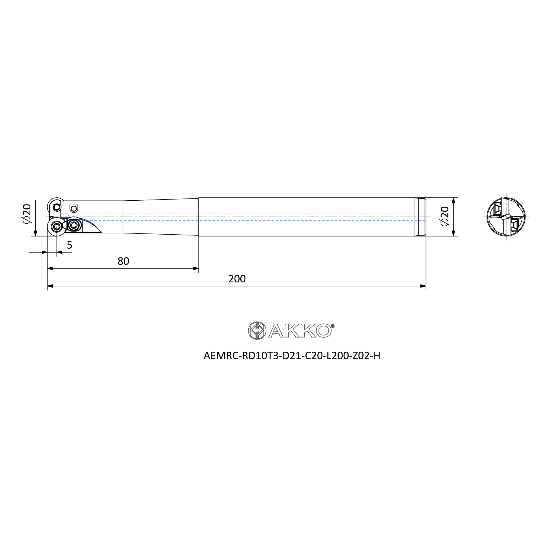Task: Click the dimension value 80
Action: [x=123, y=261]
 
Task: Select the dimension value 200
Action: [x=237, y=279]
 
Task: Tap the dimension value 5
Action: [x=70, y=245]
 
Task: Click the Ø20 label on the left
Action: [x=26, y=214]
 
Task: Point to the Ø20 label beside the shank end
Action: [x=445, y=216]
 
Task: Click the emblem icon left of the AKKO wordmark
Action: [x=257, y=331]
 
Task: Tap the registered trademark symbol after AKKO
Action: [x=333, y=326]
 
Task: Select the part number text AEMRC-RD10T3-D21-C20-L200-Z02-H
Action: [x=292, y=356]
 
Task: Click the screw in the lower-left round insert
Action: [x=57, y=227]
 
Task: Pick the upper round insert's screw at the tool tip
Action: [x=57, y=206]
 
